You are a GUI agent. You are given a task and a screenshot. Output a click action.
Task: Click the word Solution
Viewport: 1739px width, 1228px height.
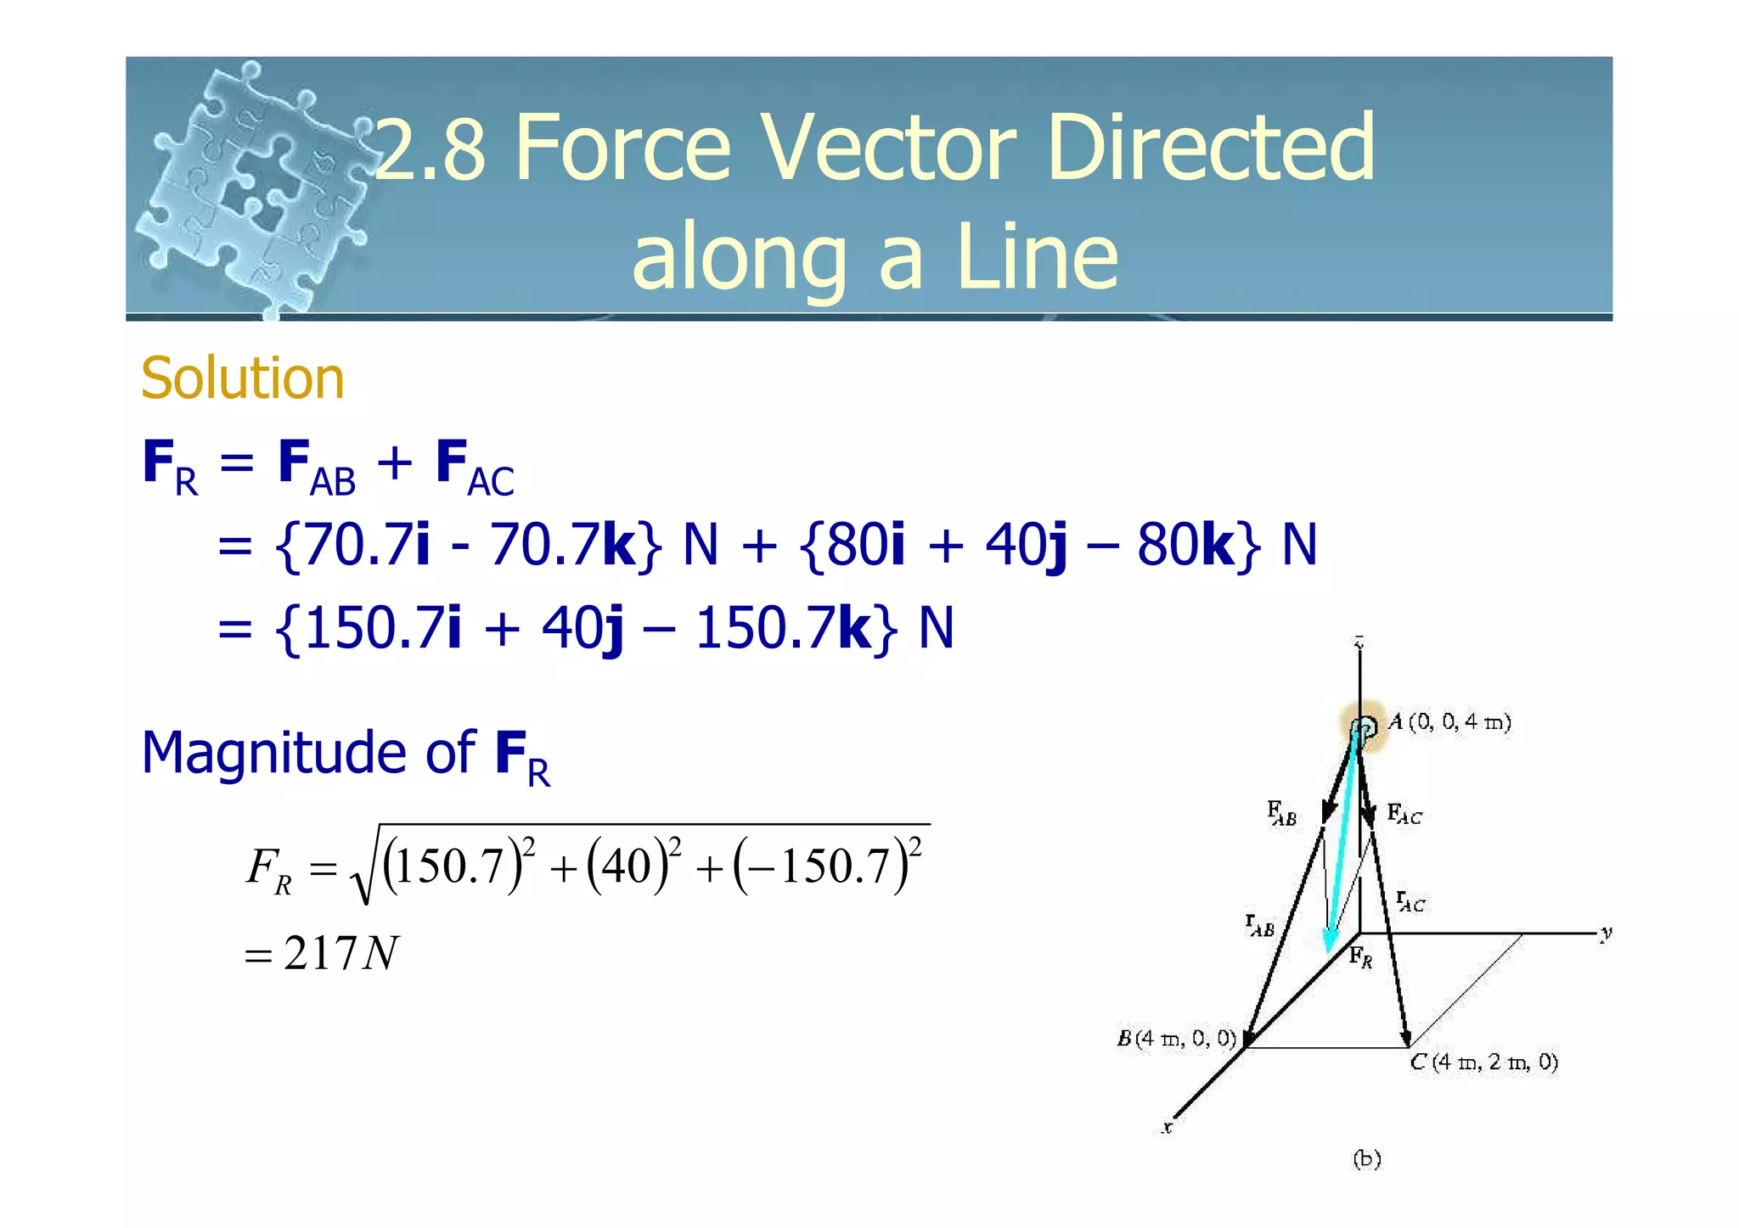pos(243,378)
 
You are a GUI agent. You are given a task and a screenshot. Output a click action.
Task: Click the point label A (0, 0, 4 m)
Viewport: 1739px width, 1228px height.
pos(1450,722)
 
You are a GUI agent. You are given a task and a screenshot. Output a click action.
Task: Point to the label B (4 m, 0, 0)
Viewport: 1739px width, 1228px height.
pos(1176,1039)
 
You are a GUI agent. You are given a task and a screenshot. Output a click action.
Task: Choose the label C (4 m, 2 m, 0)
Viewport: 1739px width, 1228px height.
pos(1484,1063)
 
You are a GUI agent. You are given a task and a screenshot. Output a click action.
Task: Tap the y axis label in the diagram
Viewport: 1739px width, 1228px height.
pos(1606,934)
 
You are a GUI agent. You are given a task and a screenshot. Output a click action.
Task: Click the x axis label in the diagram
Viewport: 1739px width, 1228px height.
pos(1168,1128)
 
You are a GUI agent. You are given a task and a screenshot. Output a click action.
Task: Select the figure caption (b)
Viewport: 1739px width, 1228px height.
pos(1366,1158)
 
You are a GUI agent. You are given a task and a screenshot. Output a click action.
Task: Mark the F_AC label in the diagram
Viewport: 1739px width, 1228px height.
pos(1404,815)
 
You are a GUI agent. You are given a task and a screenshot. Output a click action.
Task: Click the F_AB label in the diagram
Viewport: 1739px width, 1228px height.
pos(1281,813)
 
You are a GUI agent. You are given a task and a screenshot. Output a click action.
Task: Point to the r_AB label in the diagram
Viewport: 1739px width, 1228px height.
pos(1260,925)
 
